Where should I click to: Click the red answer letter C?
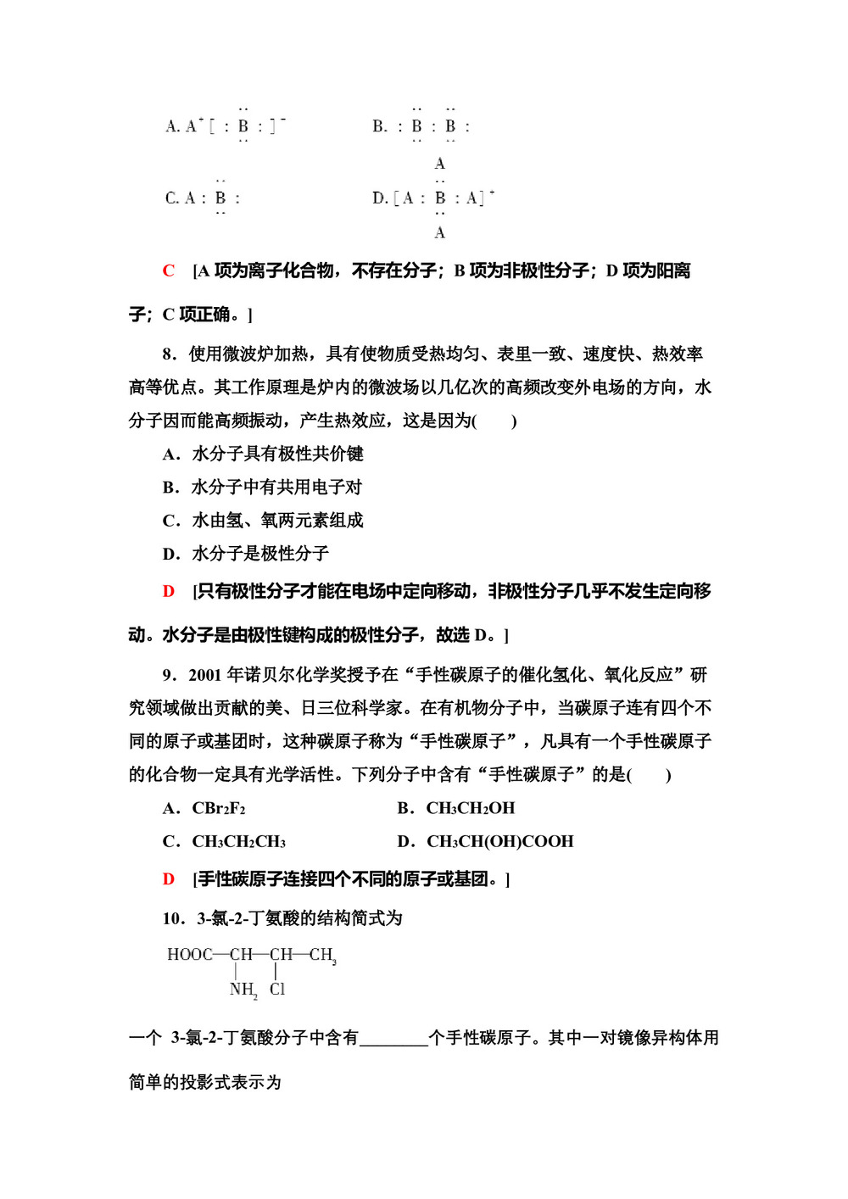point(169,271)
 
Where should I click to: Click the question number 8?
point(169,354)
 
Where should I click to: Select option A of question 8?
point(263,455)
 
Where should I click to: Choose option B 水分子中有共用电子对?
point(262,488)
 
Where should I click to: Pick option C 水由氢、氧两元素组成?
point(263,521)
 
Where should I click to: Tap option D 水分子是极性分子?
point(246,554)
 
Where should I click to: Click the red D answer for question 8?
point(169,592)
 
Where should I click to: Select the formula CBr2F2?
point(219,809)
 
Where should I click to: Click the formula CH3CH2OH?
point(470,809)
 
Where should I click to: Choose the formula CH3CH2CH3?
point(238,842)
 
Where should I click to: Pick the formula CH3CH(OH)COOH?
point(499,842)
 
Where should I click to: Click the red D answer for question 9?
point(169,879)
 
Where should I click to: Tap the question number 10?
point(172,919)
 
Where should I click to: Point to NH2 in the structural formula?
point(243,990)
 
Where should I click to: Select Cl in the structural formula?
point(277,990)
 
